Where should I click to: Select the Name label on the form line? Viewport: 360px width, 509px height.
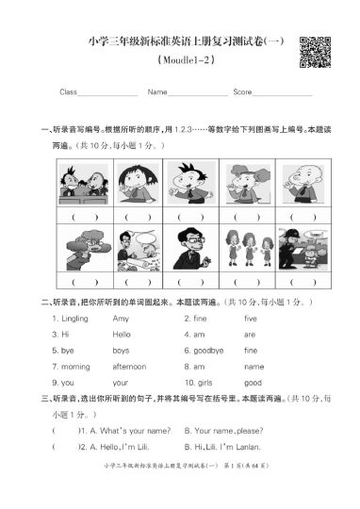(156, 92)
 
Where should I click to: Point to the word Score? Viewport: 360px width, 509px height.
(242, 92)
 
